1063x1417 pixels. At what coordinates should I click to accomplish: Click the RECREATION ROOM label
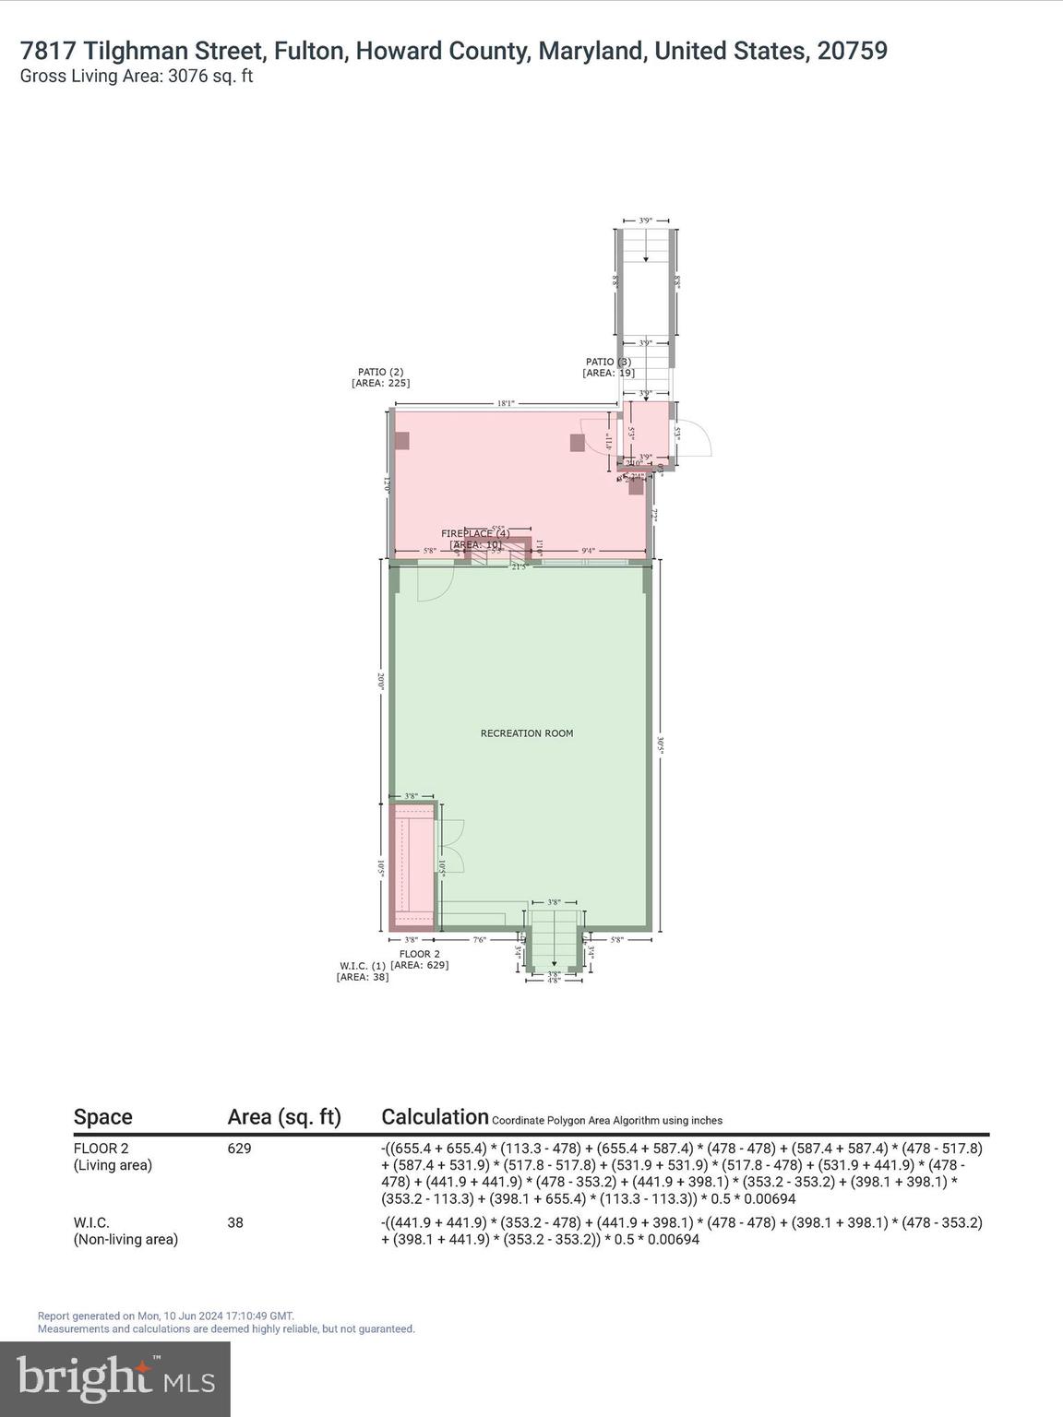526,733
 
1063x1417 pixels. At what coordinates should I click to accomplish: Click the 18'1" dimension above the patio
505,403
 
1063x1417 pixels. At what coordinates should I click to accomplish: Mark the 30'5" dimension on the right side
661,744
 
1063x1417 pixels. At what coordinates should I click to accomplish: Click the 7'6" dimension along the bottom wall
480,940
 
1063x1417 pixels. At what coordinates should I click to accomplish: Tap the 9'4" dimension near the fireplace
588,551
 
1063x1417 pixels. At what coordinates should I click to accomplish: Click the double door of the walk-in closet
450,846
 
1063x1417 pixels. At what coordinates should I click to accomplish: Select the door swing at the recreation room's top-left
434,583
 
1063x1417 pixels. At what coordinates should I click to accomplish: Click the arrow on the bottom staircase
554,960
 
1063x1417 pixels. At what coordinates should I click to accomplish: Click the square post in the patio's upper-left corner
402,441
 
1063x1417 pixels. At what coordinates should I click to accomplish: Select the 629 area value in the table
239,1149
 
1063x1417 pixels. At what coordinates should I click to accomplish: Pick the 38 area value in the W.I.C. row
235,1222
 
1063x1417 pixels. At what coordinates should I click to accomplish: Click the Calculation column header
435,1117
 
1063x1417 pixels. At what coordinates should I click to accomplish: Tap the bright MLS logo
115,1378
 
